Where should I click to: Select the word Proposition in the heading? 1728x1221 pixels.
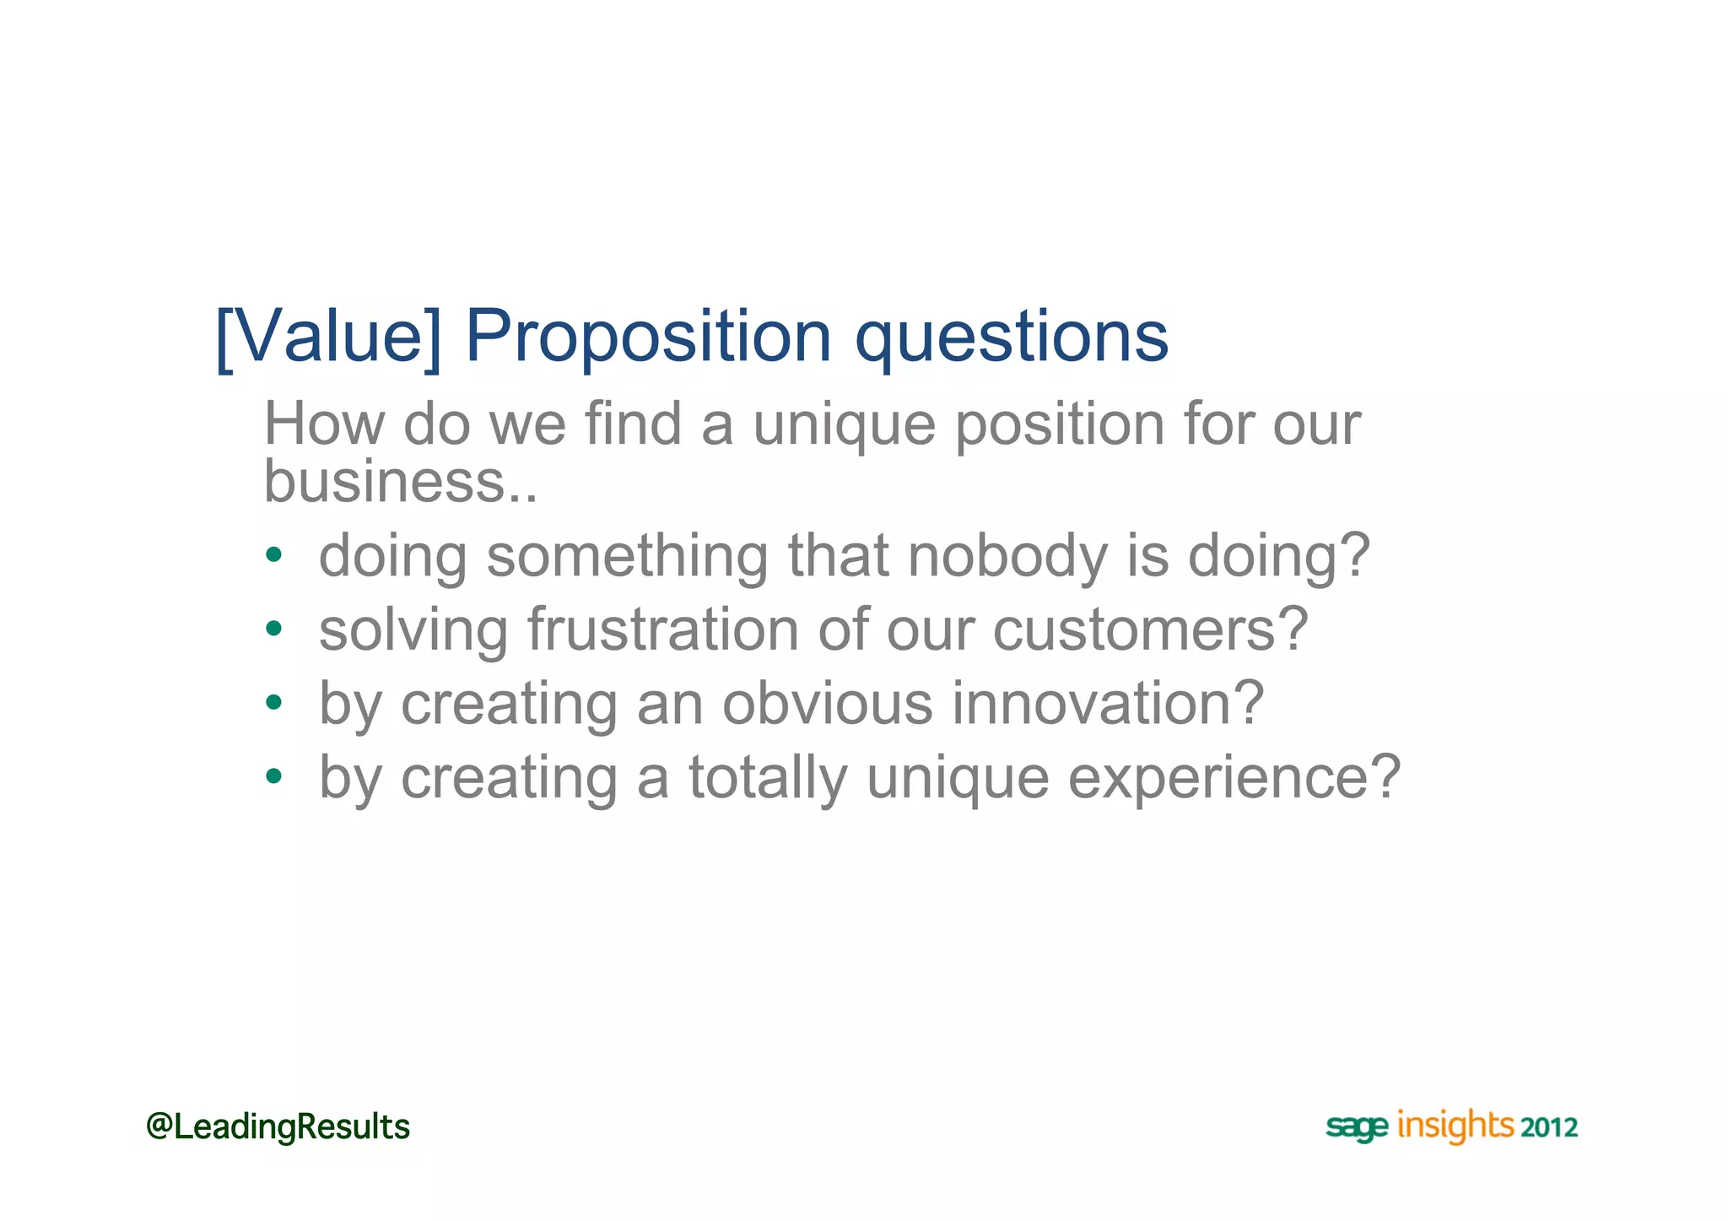click(648, 338)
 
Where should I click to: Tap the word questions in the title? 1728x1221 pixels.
click(1011, 339)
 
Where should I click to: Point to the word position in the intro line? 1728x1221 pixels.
click(1059, 425)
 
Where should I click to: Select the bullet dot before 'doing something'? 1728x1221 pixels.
click(273, 555)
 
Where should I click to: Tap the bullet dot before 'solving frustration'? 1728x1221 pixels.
click(273, 629)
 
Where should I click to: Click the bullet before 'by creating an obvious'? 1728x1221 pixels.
click(273, 702)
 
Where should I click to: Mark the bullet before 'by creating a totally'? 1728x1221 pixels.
click(273, 775)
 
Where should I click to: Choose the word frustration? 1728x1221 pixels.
click(662, 629)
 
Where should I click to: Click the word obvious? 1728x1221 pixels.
click(827, 703)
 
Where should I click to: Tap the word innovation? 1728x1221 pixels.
click(1108, 703)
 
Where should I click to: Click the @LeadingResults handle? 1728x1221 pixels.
click(278, 1126)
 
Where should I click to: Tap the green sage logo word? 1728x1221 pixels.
click(1356, 1128)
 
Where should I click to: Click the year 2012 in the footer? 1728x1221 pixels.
click(1549, 1128)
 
